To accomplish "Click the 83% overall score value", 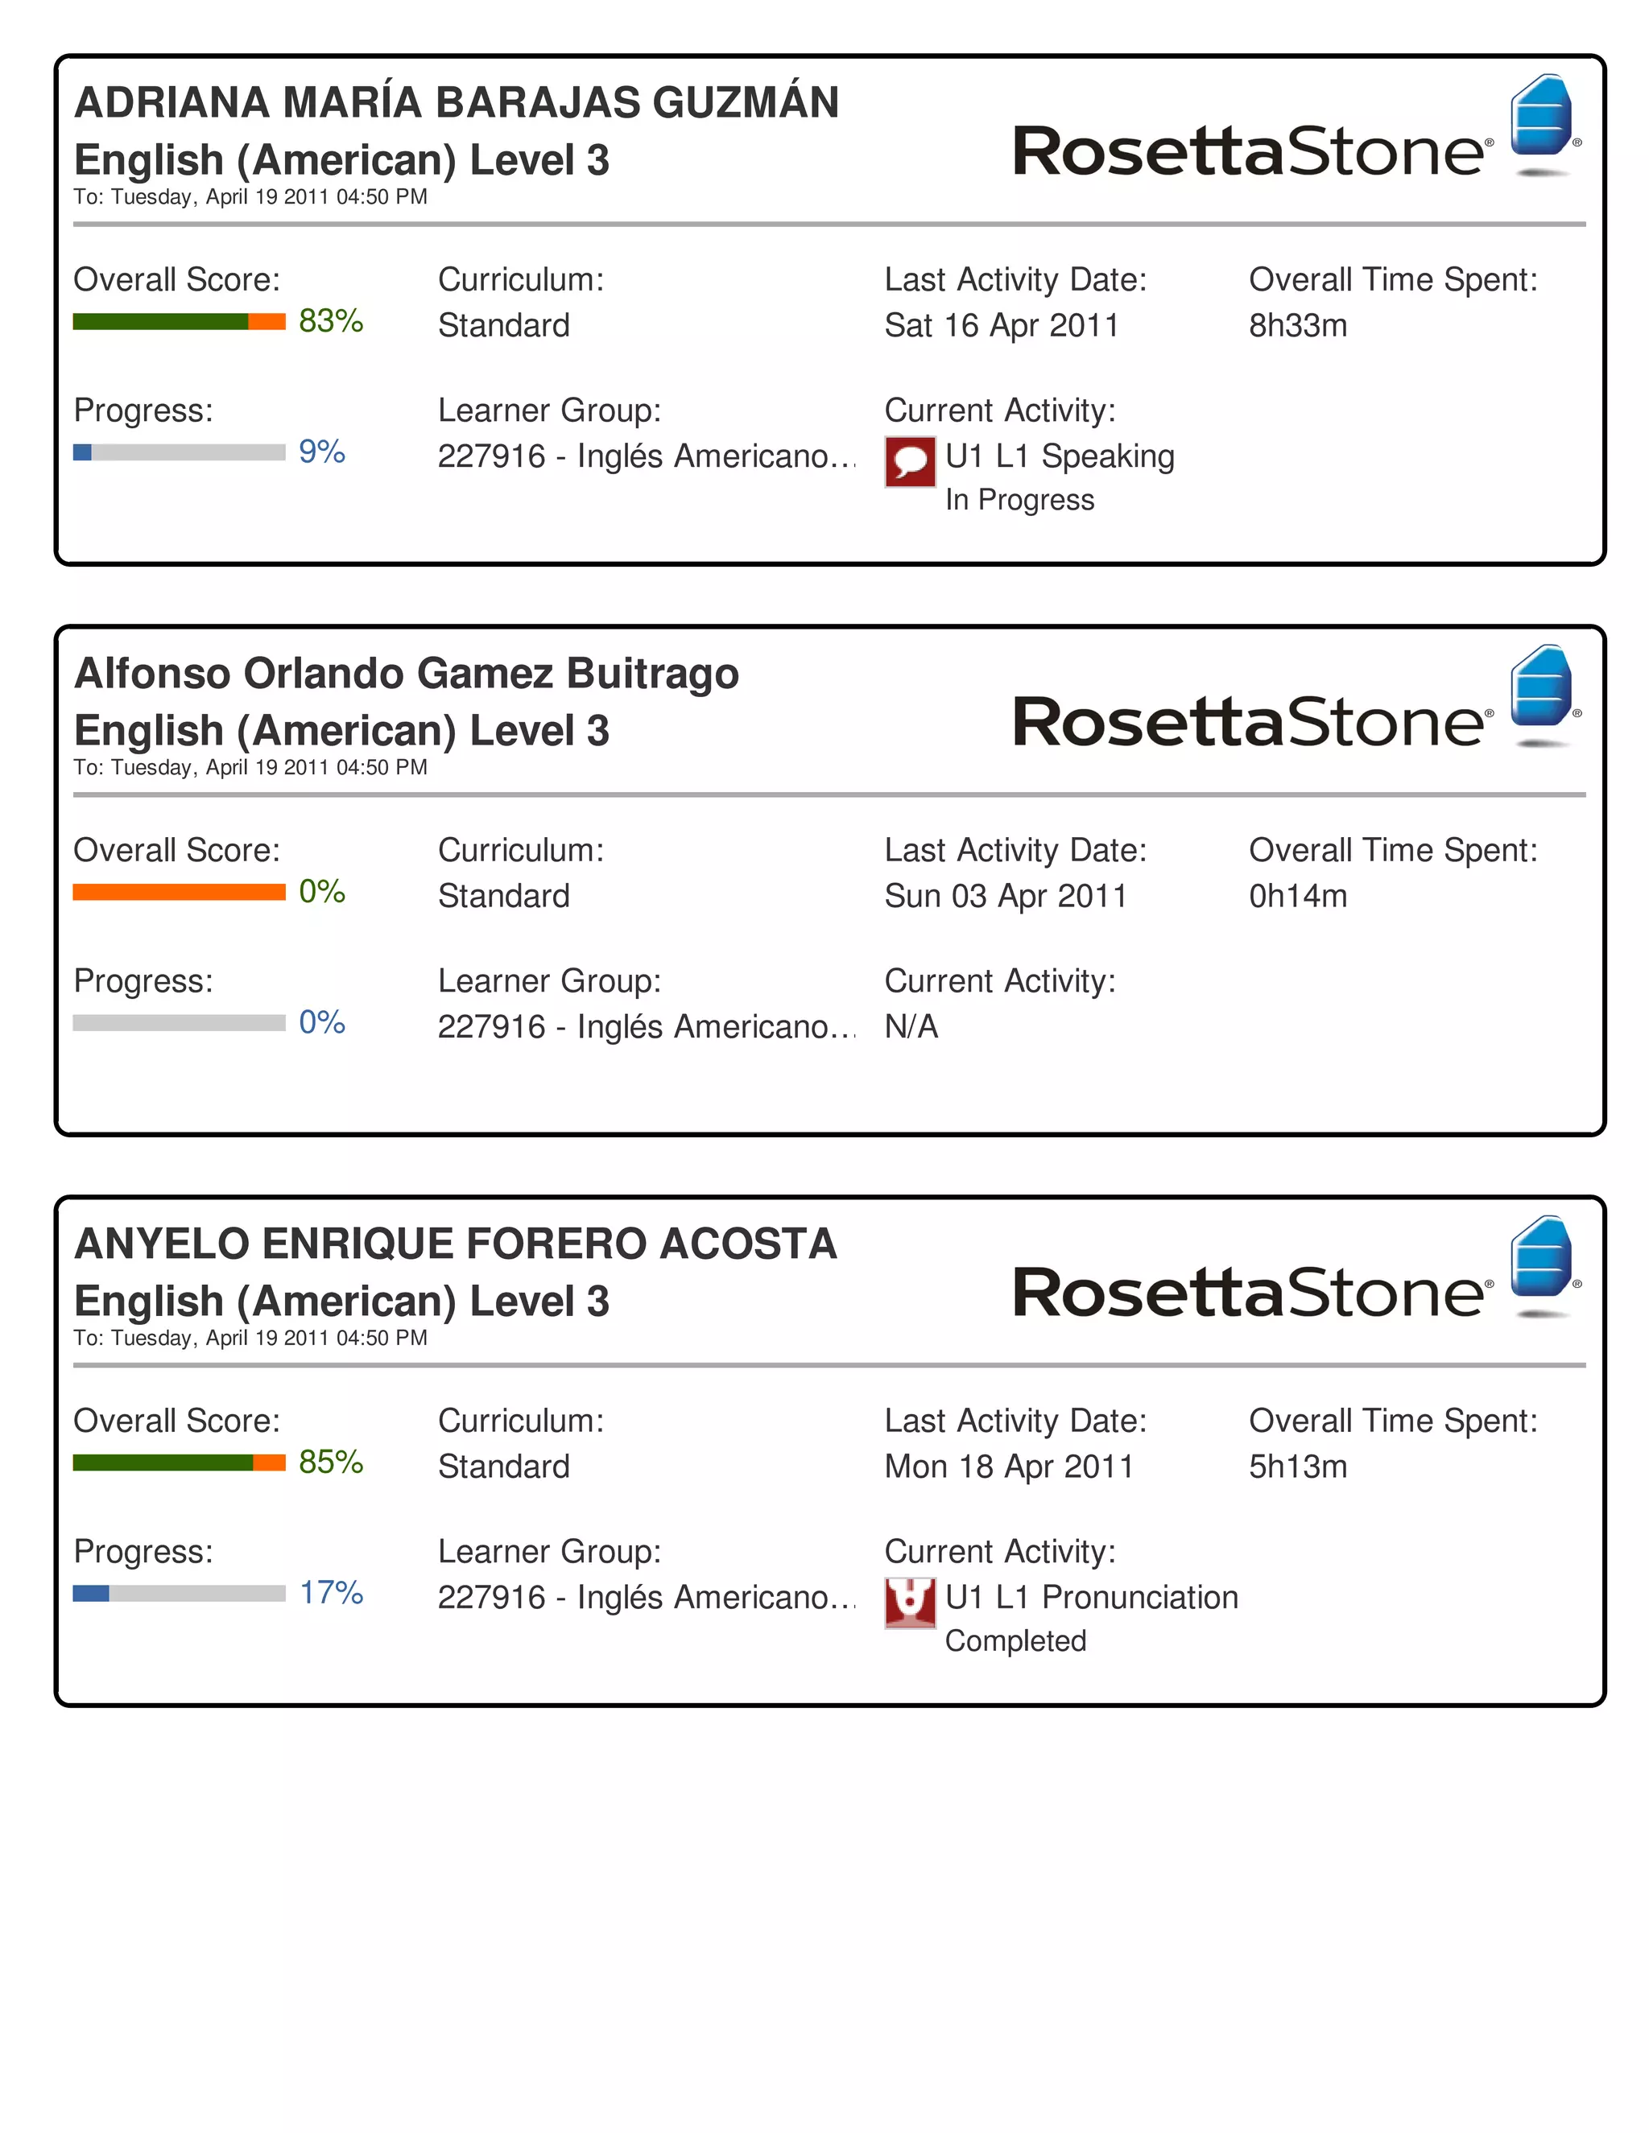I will pos(330,320).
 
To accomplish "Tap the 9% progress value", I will pos(321,452).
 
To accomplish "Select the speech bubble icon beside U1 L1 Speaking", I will pos(910,461).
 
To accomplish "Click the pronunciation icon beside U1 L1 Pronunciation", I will pos(910,1603).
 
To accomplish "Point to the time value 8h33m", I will pos(1297,325).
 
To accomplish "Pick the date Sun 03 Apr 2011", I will pos(1005,896).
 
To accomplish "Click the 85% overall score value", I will pos(330,1462).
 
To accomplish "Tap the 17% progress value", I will pos(330,1593).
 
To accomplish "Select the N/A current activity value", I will pos(911,1026).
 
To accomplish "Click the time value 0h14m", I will pos(1297,896).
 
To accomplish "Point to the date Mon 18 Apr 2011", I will pos(1008,1466).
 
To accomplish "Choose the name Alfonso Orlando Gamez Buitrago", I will pos(407,673).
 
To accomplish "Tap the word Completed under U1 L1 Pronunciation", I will pos(1015,1640).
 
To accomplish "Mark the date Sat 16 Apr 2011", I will pos(1002,325).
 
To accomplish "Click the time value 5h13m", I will pos(1297,1466).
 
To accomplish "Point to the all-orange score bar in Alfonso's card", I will pos(179,892).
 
